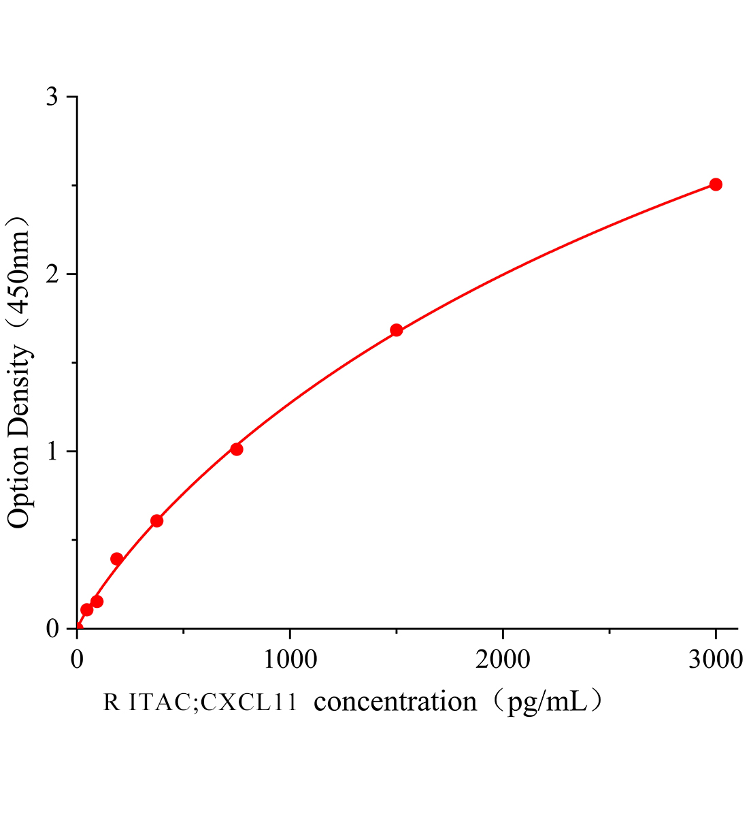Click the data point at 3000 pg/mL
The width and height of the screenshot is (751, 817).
pyautogui.click(x=715, y=185)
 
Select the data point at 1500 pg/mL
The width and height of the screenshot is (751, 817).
pyautogui.click(x=397, y=330)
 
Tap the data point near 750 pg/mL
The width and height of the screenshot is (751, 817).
pyautogui.click(x=237, y=449)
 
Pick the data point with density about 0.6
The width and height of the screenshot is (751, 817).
pyautogui.click(x=156, y=521)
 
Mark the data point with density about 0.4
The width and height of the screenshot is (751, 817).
pyautogui.click(x=116, y=559)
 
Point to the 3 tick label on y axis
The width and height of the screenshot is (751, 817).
pyautogui.click(x=52, y=97)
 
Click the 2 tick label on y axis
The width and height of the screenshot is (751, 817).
pyautogui.click(x=52, y=274)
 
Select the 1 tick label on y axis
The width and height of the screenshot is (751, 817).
pyautogui.click(x=52, y=451)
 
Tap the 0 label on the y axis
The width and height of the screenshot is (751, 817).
pyautogui.click(x=52, y=628)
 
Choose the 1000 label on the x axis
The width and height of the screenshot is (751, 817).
pyautogui.click(x=290, y=658)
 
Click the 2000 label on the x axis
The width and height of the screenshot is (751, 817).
pyautogui.click(x=503, y=658)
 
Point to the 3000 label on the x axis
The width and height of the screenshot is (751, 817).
pyautogui.click(x=715, y=658)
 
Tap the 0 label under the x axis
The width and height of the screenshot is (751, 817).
pyautogui.click(x=77, y=658)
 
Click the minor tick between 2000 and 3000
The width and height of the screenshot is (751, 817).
pyautogui.click(x=609, y=632)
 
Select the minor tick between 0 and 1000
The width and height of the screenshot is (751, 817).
pyautogui.click(x=184, y=632)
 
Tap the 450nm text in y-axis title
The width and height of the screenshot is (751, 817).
pyautogui.click(x=19, y=272)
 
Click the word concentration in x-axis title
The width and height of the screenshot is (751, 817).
pyautogui.click(x=396, y=701)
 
